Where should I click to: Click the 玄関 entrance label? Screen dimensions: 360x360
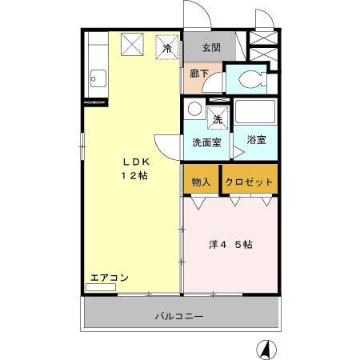[211, 48]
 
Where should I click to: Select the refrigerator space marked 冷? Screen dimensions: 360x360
[167, 47]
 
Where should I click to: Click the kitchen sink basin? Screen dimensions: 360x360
[98, 78]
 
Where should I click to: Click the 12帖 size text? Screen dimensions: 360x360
[133, 175]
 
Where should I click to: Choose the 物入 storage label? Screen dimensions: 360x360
[201, 182]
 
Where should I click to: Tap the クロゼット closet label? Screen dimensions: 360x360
[249, 182]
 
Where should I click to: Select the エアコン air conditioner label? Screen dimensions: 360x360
[109, 278]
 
